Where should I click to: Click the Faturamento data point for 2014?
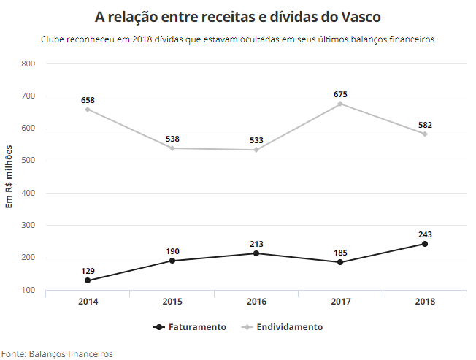tap(88, 280)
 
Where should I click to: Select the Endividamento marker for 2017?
tap(340, 104)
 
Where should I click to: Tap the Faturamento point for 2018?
tap(424, 244)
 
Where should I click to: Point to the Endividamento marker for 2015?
tap(172, 148)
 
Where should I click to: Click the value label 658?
tap(88, 100)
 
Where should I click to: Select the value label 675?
tap(340, 94)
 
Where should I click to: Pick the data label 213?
tap(256, 244)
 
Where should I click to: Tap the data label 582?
tap(425, 125)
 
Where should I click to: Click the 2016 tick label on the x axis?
tap(256, 302)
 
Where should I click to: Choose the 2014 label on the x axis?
tap(88, 302)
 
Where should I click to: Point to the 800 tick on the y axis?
tap(28, 64)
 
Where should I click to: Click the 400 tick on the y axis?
tap(28, 193)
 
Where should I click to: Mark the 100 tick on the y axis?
tap(28, 290)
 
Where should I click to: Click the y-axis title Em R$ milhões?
tap(9, 176)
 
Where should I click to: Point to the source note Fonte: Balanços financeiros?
tap(57, 353)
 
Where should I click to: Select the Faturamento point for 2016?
tap(256, 253)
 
